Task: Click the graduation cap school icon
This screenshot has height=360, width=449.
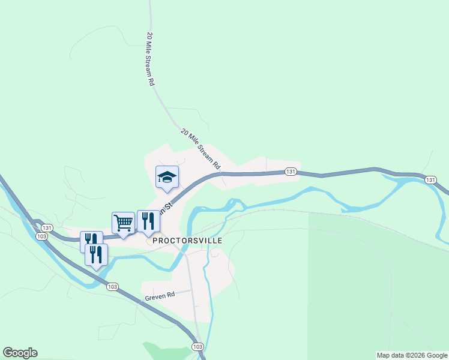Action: pos(167,177)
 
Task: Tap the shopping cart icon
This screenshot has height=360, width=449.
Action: pos(123,223)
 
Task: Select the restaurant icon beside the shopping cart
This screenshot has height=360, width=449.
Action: pos(148,221)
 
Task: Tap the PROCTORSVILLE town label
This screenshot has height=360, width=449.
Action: pos(187,241)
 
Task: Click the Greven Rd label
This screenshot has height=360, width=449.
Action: pos(159,295)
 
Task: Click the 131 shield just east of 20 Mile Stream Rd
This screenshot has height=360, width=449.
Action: pos(291,172)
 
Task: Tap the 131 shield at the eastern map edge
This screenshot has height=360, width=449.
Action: pos(430,180)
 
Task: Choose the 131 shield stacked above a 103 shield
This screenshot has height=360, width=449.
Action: pos(47,228)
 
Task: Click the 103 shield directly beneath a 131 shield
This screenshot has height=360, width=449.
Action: pos(41,236)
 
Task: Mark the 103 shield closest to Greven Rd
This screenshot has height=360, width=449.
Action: pos(112,287)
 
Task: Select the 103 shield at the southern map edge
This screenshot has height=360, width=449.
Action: pos(197,347)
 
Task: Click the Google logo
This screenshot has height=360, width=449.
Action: pos(20,353)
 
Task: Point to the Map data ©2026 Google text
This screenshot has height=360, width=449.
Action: pos(412,355)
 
